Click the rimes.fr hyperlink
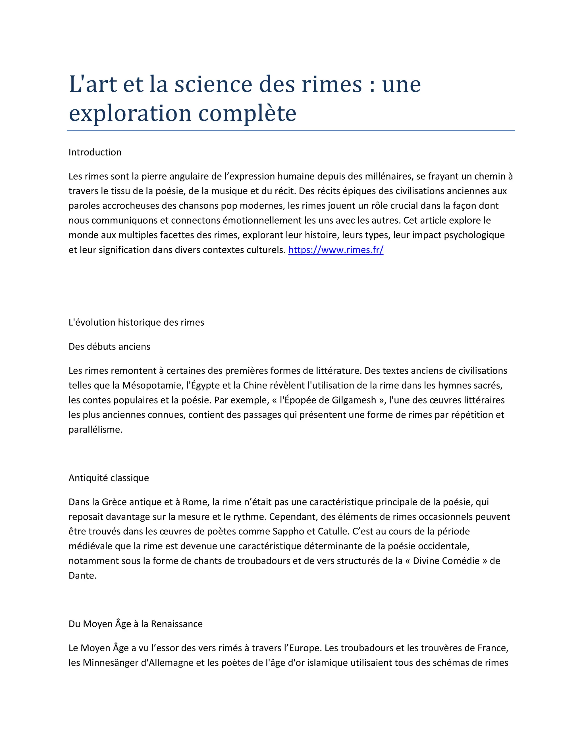pos(336,249)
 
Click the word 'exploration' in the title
pos(130,113)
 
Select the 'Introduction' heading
pos(95,152)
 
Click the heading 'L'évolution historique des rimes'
pos(136,323)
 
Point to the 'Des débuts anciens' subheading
pos(109,346)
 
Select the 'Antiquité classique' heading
pos(109,478)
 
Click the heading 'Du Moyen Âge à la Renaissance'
pos(136,624)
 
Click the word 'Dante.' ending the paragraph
pos(82,575)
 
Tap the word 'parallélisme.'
pos(95,430)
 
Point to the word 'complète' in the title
pos(247,113)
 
